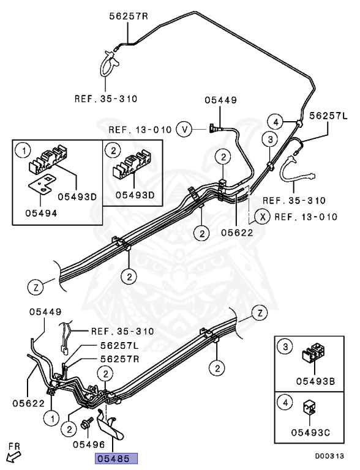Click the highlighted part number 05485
115,458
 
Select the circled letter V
184,129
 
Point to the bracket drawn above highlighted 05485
114,426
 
